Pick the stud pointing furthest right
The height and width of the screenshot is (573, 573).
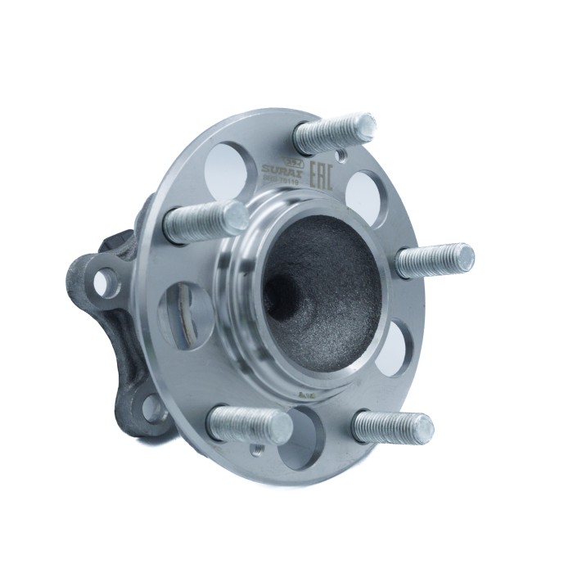coord(435,260)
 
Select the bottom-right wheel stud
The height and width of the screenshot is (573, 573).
coord(392,426)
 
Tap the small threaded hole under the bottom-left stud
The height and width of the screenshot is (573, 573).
coord(256,449)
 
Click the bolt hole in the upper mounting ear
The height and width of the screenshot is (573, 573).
coord(102,282)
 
